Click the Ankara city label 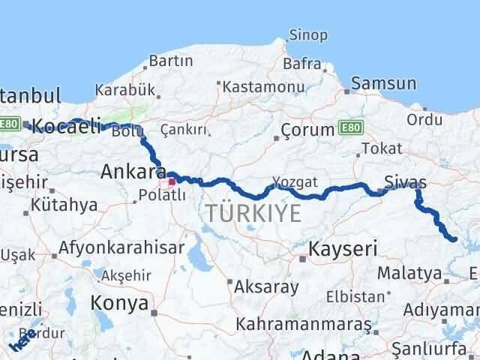pyautogui.click(x=129, y=173)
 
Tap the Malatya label pyautogui.click(x=409, y=273)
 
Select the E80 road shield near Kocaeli pyautogui.click(x=10, y=124)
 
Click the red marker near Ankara pyautogui.click(x=172, y=181)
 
